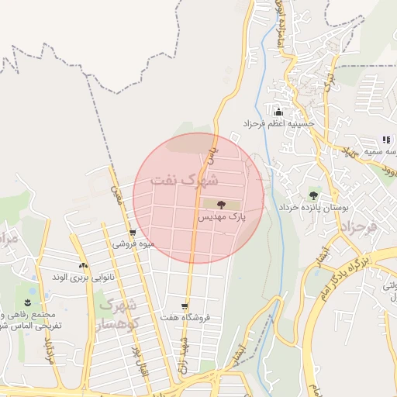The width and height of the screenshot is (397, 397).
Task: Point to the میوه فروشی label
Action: click(133, 243)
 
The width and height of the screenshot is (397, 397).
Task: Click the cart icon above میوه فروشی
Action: click(133, 232)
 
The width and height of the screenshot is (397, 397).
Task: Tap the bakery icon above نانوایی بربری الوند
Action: click(82, 266)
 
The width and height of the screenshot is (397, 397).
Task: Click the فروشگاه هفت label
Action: click(185, 317)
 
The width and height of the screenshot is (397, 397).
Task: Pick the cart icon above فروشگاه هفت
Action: click(185, 306)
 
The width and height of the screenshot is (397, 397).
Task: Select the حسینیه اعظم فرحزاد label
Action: click(278, 123)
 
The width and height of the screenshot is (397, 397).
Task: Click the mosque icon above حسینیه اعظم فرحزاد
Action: click(278, 112)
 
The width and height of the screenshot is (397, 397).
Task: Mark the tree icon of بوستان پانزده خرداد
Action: click(313, 195)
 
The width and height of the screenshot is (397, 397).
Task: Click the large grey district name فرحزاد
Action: click(358, 228)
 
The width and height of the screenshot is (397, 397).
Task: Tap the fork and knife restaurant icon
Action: click(385, 140)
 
